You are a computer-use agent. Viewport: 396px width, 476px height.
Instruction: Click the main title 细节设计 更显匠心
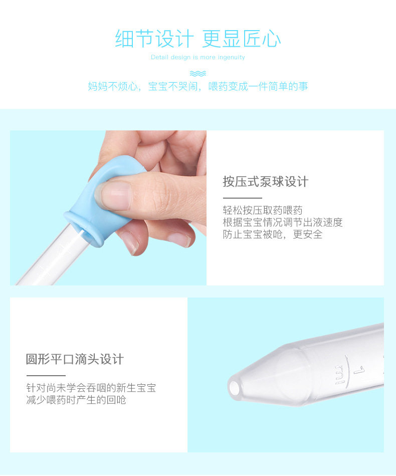[x=198, y=39]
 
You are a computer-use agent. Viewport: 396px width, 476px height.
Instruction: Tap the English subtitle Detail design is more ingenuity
[x=198, y=57]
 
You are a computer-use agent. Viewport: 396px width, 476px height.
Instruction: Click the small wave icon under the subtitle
[x=198, y=73]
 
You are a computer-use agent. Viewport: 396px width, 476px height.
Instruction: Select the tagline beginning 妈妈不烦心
[x=198, y=86]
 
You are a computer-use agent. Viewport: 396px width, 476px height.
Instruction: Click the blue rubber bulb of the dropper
[x=100, y=197]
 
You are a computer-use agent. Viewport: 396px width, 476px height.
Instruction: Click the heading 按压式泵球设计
[x=266, y=182]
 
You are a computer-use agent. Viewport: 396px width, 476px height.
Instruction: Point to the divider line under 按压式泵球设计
[x=243, y=198]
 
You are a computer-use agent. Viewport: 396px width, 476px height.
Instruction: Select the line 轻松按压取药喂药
[x=263, y=210]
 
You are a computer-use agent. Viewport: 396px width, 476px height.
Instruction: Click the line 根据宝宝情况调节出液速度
[x=283, y=222]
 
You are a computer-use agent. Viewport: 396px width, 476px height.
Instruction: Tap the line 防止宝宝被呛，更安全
[x=273, y=234]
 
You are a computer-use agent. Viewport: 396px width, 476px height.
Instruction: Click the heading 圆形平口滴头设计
[x=75, y=359]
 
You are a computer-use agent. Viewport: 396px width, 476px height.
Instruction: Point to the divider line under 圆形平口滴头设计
[x=46, y=376]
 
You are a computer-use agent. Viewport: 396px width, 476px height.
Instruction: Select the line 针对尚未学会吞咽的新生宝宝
[x=91, y=388]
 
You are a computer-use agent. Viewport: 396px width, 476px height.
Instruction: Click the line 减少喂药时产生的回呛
[x=76, y=400]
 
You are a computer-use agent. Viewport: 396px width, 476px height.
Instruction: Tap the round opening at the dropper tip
[x=234, y=388]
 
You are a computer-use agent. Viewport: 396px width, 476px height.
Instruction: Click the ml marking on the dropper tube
[x=339, y=375]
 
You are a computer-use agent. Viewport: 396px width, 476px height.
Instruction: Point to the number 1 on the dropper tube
[x=359, y=370]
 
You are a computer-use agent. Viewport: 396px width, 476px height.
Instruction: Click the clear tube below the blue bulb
[x=49, y=258]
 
